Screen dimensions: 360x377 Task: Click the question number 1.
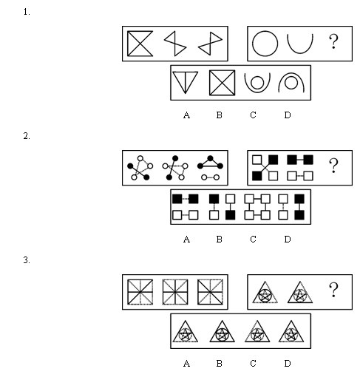[27, 12]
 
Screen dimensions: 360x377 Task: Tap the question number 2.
[27, 136]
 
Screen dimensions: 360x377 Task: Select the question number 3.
[27, 260]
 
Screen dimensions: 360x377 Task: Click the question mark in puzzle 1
[333, 41]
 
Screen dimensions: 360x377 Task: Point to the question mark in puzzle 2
[333, 166]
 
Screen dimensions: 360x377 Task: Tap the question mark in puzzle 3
[333, 290]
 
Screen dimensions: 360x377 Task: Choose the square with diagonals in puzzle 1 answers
[222, 83]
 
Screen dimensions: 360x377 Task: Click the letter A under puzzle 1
[186, 115]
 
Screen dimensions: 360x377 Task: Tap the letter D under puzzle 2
[288, 240]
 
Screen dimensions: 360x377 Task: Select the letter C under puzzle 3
[253, 364]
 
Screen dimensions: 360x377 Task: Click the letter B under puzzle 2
[219, 240]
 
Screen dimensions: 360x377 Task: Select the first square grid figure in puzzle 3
[140, 292]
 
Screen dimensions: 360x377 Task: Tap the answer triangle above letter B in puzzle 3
[222, 331]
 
